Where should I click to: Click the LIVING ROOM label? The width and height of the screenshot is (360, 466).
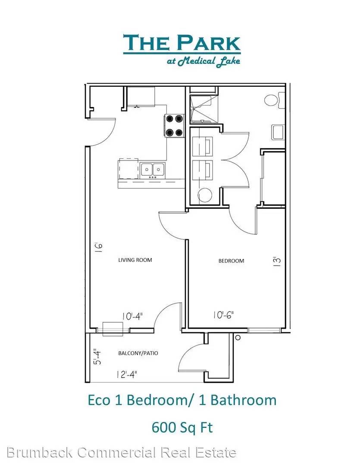coord(135,260)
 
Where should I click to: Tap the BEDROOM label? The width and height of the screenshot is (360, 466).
coord(231,261)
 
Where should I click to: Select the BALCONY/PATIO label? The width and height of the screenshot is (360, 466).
coord(138,353)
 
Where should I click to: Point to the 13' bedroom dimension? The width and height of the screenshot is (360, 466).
coord(277,261)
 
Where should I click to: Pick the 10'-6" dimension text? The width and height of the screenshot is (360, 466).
coord(223,315)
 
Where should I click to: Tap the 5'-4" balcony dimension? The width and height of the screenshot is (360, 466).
coord(97,357)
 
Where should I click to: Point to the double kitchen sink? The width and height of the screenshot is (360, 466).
coord(153,170)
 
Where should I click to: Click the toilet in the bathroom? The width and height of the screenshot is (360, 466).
coord(275,100)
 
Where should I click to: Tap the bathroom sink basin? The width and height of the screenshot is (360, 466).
coord(279,132)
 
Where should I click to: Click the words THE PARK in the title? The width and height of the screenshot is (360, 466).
coord(182,43)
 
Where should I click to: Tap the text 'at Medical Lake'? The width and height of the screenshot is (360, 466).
coord(203,61)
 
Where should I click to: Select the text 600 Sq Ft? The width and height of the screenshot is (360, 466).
coord(182,428)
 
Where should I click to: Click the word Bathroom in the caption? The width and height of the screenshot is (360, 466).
coord(244,400)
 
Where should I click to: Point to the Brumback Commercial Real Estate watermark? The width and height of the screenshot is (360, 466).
coord(121,452)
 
